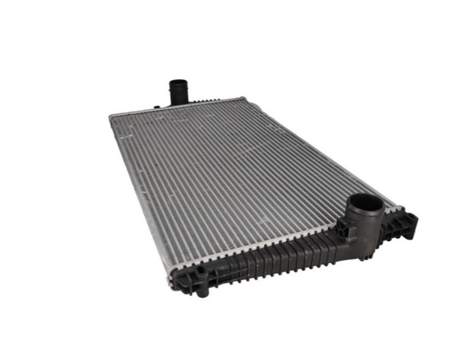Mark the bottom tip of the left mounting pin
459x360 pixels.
pyautogui.click(x=202, y=294)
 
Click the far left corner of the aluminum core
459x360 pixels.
pyautogui.click(x=111, y=117)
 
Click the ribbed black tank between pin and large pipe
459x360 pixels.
pyautogui.click(x=272, y=259)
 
